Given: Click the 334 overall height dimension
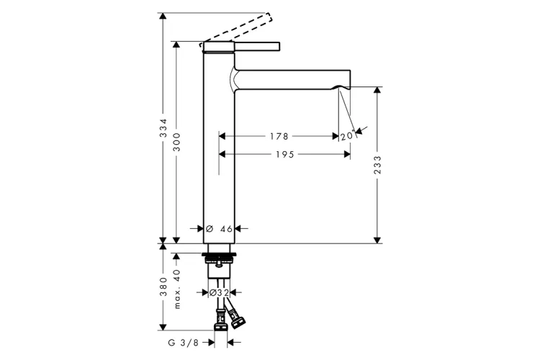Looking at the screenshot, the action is pyautogui.click(x=163, y=128).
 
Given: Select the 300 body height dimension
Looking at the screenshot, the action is pyautogui.click(x=176, y=142).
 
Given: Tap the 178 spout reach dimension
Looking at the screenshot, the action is pyautogui.click(x=279, y=136).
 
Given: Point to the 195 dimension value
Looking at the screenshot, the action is pyautogui.click(x=285, y=154).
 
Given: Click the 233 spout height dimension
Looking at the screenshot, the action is pyautogui.click(x=378, y=165).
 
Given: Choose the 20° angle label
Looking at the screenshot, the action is pyautogui.click(x=348, y=135).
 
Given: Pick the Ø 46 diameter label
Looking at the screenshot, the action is pyautogui.click(x=219, y=228).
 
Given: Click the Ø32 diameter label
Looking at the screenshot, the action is pyautogui.click(x=219, y=292).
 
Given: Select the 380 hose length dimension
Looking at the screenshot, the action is pyautogui.click(x=163, y=287).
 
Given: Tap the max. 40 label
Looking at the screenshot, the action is pyautogui.click(x=177, y=289).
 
